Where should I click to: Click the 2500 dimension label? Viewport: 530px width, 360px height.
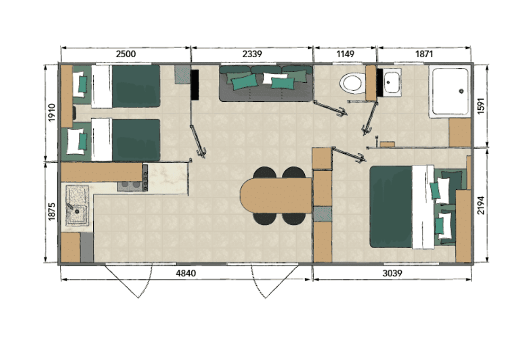(126, 54)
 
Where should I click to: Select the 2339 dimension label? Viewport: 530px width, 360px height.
(252, 54)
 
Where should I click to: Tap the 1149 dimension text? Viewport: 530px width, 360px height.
(345, 54)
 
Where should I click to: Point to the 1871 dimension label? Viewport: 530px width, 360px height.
(424, 54)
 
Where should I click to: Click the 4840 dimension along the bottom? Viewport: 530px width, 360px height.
(186, 273)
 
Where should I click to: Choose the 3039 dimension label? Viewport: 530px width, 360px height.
(392, 273)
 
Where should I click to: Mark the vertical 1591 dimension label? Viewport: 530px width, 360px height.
(481, 106)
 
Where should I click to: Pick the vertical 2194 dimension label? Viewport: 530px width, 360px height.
(481, 205)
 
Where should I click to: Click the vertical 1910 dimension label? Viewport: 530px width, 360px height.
(52, 112)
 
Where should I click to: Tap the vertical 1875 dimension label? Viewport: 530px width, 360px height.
(52, 212)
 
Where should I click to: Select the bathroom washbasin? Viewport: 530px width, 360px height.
(392, 82)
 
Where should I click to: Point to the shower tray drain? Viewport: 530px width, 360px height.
(461, 91)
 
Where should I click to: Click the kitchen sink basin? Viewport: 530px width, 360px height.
(77, 206)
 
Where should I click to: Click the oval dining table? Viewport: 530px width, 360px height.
(276, 196)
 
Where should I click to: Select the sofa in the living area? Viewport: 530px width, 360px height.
(266, 83)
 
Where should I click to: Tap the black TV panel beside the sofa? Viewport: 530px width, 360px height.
(195, 85)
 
